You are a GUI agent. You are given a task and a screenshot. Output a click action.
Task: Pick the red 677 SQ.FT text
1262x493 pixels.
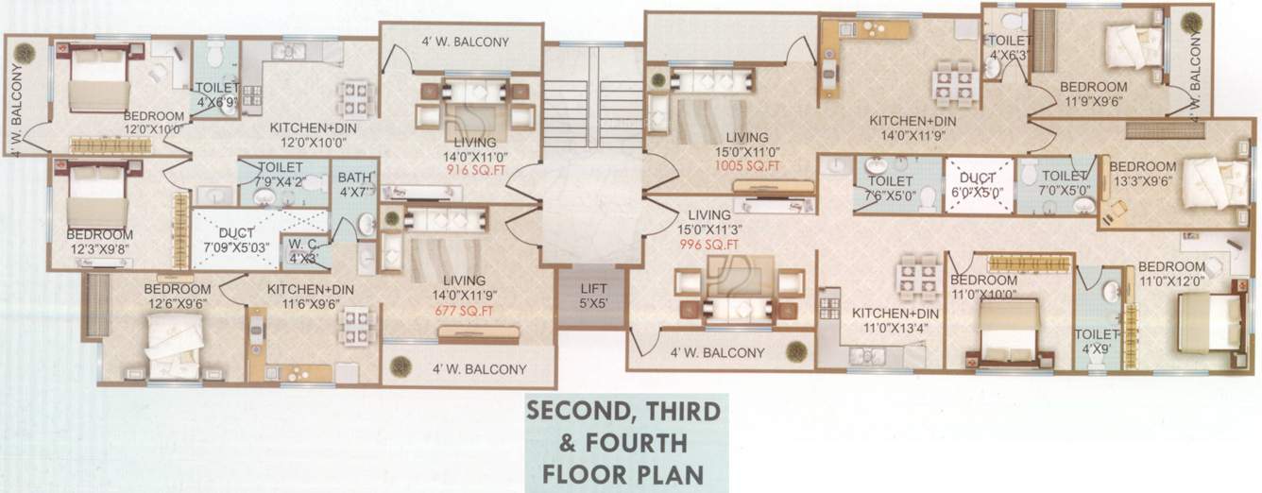464,310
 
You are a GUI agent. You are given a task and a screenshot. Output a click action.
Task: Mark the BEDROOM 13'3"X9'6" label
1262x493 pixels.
1143,174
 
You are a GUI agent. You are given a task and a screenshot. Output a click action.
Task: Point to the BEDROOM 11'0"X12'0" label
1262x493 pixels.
1171,274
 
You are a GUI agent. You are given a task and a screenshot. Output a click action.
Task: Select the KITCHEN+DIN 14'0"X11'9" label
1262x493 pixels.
912,127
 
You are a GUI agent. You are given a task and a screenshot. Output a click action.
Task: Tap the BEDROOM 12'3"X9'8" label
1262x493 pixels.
99,241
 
